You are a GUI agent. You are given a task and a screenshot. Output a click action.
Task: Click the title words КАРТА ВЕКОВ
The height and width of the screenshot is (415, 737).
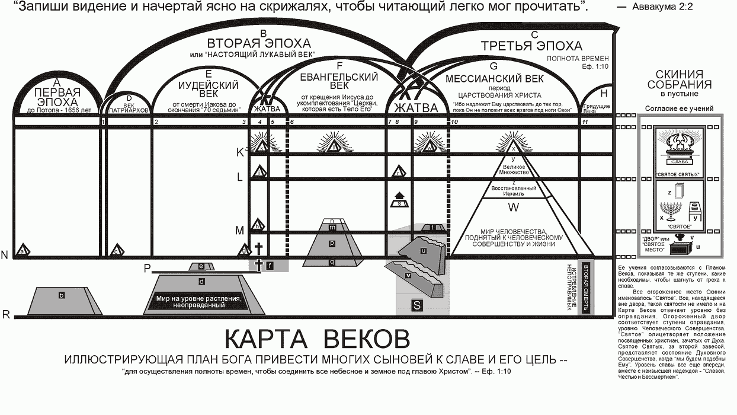coord(316,340)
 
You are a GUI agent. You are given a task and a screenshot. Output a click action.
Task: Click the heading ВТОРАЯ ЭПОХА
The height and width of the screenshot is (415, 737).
coord(258,44)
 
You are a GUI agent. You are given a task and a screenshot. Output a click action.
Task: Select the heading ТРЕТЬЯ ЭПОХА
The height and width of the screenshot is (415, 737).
coord(531,46)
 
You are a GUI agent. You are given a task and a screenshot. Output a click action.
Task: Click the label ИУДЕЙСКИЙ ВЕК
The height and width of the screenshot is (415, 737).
coord(207,89)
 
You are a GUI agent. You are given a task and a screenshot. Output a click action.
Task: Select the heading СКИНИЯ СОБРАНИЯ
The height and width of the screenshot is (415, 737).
coord(679,79)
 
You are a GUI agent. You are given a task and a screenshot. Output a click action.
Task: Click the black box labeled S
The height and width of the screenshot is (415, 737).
coord(417,305)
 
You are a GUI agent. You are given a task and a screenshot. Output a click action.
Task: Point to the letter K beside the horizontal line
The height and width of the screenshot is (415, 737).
coord(240,152)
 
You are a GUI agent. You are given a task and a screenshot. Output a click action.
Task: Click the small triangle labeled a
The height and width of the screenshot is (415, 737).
coord(23,251)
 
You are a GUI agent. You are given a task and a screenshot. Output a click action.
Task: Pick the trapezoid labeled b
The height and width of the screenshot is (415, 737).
coord(62,295)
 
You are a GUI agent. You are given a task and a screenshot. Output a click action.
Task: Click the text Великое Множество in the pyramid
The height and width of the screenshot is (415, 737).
coord(514,170)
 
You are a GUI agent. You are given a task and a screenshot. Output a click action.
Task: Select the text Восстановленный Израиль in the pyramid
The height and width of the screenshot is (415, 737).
coord(514,189)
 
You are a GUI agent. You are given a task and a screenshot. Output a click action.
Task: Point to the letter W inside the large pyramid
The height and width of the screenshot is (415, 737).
coord(514,207)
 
